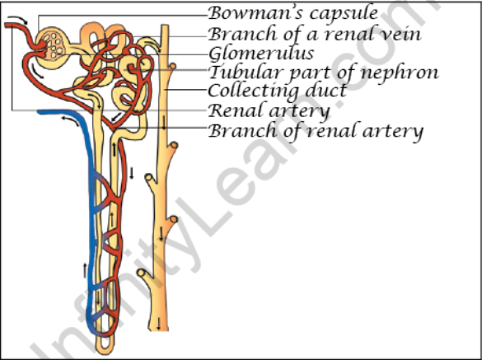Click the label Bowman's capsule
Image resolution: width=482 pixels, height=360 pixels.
pyautogui.click(x=293, y=13)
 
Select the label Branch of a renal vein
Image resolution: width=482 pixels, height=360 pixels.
pyautogui.click(x=315, y=34)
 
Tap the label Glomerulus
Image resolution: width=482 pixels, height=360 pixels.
pyautogui.click(x=261, y=53)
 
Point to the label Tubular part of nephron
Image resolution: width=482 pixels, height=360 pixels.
pyautogui.click(x=323, y=72)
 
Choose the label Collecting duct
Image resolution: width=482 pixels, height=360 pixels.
pyautogui.click(x=278, y=91)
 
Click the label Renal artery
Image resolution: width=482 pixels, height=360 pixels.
pyautogui.click(x=269, y=110)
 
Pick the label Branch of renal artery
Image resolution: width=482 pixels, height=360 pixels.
pyautogui.click(x=316, y=131)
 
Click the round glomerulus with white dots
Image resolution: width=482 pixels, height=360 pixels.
pyautogui.click(x=53, y=46)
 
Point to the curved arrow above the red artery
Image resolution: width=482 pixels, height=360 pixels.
pyautogui.click(x=17, y=19)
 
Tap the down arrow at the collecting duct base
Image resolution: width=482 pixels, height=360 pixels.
pyautogui.click(x=159, y=324)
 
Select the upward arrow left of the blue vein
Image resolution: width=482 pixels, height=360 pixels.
pyautogui.click(x=85, y=270)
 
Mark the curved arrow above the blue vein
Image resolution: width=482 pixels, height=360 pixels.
pyautogui.click(x=70, y=120)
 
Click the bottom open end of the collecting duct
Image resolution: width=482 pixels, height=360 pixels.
pyautogui.click(x=159, y=330)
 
